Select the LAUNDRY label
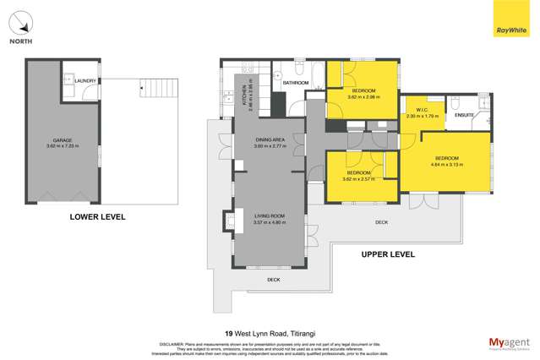pos(85,81)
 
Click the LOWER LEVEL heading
pos(97,217)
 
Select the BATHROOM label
pos(296,83)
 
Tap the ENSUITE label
pos(464,115)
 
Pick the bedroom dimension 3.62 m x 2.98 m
pos(363,96)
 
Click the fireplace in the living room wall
pos(228,221)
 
